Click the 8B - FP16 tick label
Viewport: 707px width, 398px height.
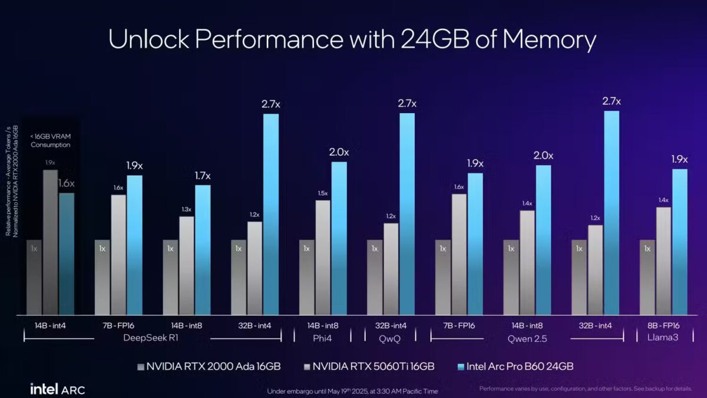point(663,325)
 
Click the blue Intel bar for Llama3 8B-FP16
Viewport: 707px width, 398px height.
point(680,242)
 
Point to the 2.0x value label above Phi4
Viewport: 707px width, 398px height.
point(338,152)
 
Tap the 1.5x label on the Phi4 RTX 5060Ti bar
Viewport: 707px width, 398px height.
point(322,193)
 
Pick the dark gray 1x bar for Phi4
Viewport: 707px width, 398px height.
point(306,277)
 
